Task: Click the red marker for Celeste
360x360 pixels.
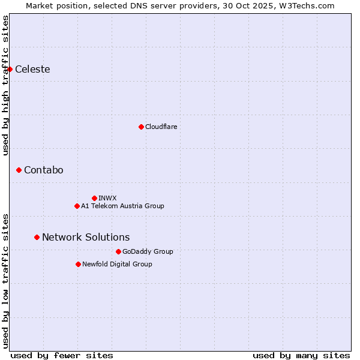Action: [10, 69]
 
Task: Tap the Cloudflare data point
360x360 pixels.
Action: [141, 127]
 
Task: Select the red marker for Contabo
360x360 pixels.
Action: [19, 170]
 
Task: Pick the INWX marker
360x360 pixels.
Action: [94, 198]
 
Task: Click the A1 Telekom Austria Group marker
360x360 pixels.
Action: [77, 206]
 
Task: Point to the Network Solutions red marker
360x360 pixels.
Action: [37, 237]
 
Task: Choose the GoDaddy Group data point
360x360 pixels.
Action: [118, 251]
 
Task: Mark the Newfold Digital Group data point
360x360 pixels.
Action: [78, 264]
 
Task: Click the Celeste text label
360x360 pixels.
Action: [32, 69]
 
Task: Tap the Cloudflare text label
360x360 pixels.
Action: [161, 127]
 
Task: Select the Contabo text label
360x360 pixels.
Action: [43, 170]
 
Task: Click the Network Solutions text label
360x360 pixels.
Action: [86, 237]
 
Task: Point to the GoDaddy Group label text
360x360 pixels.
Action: [148, 251]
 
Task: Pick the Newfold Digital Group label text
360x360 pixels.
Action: [117, 264]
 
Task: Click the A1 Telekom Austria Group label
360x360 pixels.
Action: [122, 206]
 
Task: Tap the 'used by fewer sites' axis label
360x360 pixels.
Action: [62, 355]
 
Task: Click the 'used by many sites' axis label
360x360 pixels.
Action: [301, 355]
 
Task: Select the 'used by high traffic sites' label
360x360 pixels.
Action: [5, 85]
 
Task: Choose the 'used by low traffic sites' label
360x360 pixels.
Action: [5, 280]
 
